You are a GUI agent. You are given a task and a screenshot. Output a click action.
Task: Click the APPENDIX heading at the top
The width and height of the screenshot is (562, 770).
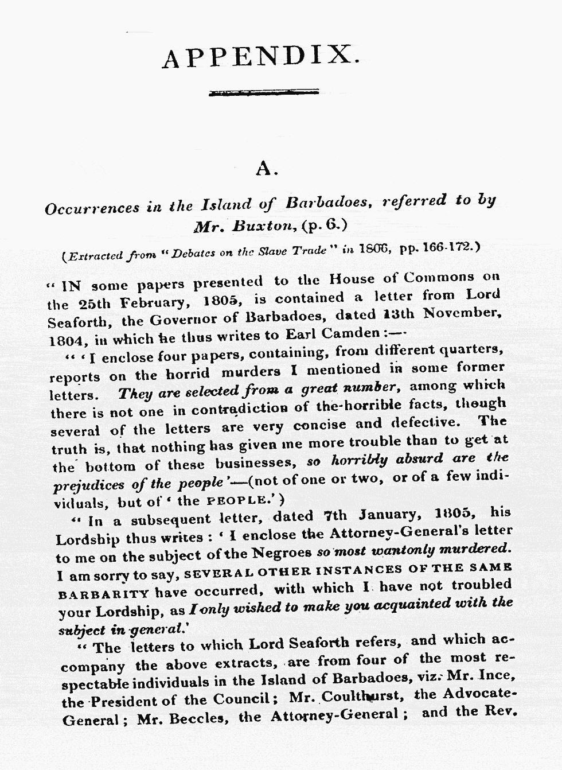(262, 57)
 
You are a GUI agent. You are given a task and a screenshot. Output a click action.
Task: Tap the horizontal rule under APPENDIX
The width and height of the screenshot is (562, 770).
(264, 92)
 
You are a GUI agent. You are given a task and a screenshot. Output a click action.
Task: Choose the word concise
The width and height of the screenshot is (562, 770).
(319, 426)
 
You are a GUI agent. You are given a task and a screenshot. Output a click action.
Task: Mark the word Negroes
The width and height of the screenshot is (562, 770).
(281, 554)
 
